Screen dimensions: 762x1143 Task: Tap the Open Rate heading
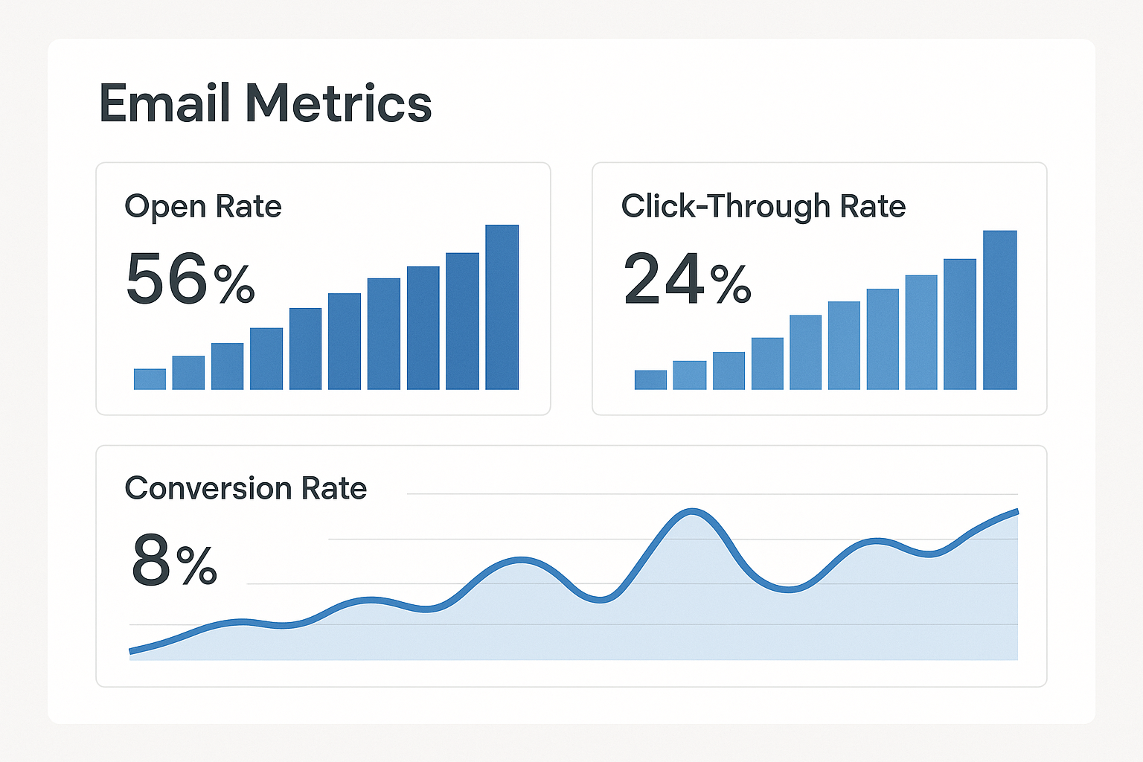coord(203,206)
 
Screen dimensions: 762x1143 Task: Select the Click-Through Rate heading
coord(763,206)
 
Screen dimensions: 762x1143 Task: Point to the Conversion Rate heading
coord(246,488)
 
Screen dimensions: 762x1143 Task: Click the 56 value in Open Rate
coord(167,279)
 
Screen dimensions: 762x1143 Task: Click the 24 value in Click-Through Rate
coord(664,279)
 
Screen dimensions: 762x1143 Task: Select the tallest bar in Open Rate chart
coord(502,307)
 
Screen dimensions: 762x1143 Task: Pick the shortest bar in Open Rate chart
coord(150,380)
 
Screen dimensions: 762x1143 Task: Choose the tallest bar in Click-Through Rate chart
coord(999,310)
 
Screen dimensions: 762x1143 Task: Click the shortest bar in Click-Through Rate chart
coord(650,380)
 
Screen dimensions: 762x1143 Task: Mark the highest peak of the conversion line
coord(693,511)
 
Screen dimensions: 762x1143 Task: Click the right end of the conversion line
coord(1016,511)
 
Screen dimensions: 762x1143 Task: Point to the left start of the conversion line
coord(132,651)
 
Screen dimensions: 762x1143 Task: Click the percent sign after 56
coord(234,285)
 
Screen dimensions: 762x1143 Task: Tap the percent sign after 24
coord(731,285)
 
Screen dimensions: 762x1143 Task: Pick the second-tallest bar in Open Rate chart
coord(462,321)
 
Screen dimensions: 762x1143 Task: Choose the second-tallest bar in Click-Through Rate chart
coord(959,324)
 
